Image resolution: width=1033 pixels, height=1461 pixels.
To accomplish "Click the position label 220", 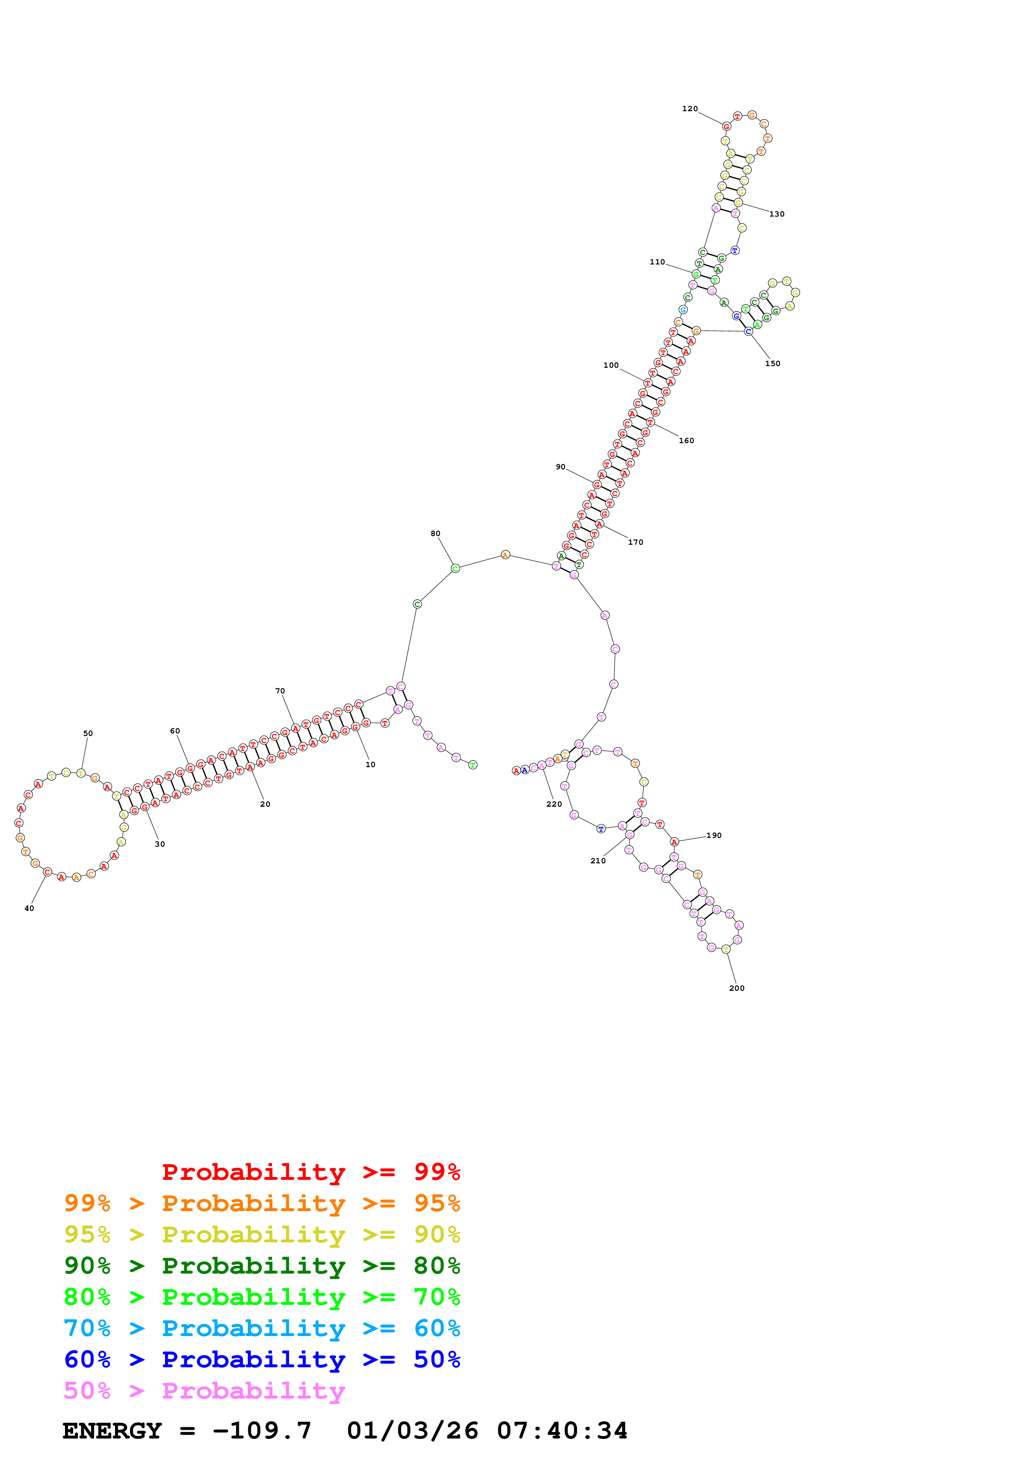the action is (x=554, y=804).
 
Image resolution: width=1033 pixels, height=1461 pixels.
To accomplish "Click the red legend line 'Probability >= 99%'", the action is (x=310, y=1172).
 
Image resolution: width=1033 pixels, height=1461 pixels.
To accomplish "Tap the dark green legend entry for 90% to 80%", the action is (x=262, y=1266).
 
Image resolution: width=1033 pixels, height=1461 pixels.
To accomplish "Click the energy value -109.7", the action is (x=262, y=1431).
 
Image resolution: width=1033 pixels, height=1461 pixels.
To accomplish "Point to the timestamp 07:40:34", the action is (x=562, y=1431).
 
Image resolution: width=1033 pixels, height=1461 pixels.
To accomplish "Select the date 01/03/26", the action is (x=413, y=1431).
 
